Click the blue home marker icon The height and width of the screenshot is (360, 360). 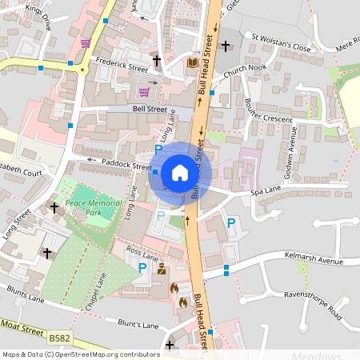(x=180, y=172)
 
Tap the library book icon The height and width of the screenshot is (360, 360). (x=192, y=62)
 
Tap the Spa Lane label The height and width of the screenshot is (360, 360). (x=266, y=190)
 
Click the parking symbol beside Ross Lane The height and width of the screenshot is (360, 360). (x=143, y=268)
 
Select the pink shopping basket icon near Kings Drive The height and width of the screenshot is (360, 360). (x=85, y=43)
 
